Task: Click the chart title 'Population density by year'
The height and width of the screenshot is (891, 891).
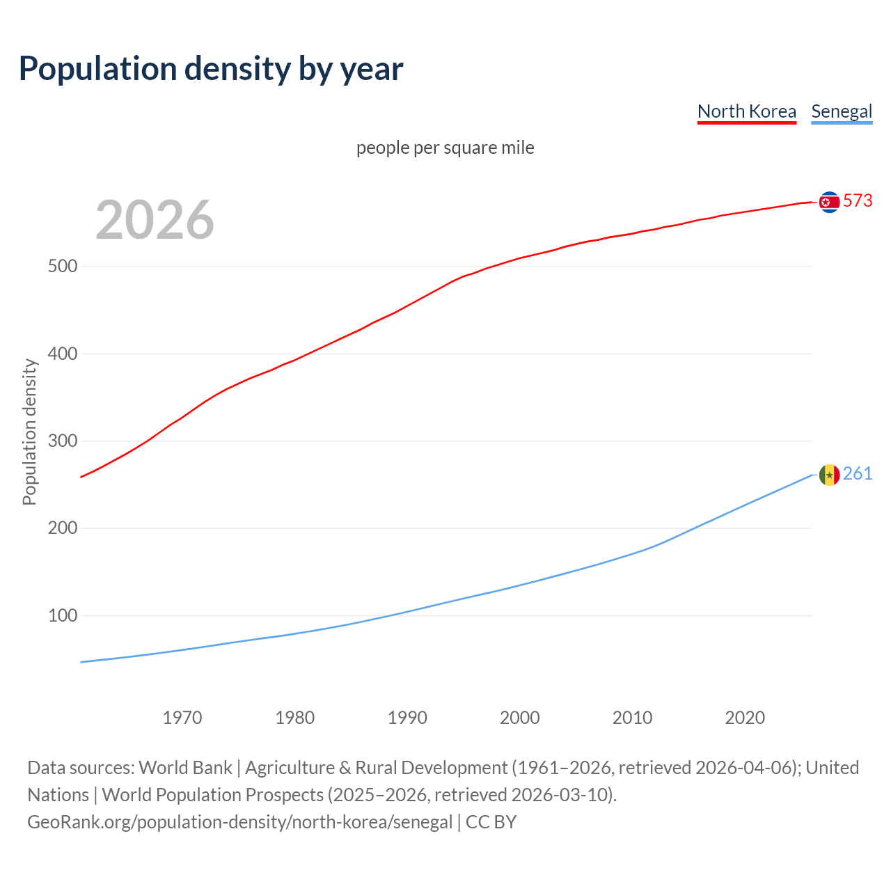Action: click(x=211, y=68)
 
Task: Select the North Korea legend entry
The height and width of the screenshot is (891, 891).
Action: click(x=746, y=111)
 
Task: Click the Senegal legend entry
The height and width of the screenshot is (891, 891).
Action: click(x=842, y=111)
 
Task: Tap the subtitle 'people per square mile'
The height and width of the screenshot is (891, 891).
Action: click(x=445, y=148)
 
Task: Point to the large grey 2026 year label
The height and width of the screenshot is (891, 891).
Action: click(x=155, y=220)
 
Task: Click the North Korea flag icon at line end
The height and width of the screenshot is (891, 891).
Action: click(x=829, y=202)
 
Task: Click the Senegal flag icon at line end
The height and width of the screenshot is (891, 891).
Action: click(x=829, y=475)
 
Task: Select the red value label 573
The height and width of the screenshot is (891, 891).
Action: click(x=858, y=200)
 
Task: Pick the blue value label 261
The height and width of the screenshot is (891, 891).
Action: click(x=858, y=473)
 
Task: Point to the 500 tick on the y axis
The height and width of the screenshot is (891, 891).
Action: click(x=63, y=267)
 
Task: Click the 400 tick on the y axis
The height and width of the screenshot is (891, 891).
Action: click(x=63, y=354)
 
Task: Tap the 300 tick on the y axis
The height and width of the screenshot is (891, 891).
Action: click(x=63, y=441)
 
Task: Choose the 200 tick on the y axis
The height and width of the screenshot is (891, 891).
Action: click(x=63, y=528)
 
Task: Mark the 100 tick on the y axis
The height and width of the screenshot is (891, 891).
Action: click(x=63, y=616)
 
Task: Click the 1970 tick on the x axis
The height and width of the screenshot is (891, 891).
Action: click(x=182, y=718)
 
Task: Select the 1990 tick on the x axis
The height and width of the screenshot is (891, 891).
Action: click(x=407, y=718)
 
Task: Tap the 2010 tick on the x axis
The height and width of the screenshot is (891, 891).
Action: click(x=632, y=718)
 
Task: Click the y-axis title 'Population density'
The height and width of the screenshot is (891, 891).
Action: click(x=29, y=432)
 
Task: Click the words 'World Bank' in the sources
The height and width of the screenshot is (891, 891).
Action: click(x=185, y=768)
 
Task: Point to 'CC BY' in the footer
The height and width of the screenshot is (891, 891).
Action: click(x=491, y=822)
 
